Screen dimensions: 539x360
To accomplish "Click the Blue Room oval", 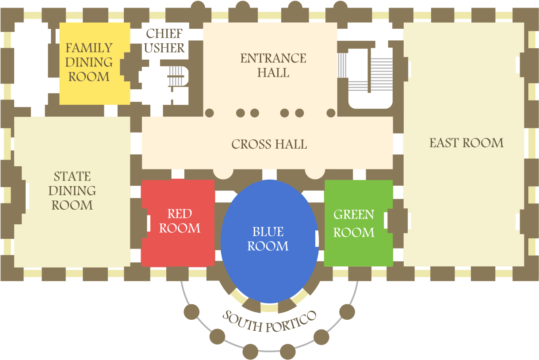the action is tap(270, 241).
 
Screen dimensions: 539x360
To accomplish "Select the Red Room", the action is tap(178, 222).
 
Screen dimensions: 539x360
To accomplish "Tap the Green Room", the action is tap(359, 223).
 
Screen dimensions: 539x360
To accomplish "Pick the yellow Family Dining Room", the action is tap(95, 64).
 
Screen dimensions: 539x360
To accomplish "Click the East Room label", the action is tap(466, 143).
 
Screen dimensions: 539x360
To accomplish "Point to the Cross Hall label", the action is tap(269, 144).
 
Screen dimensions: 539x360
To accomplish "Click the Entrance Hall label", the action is tap(273, 65).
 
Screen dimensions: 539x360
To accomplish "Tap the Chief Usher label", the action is tap(164, 41).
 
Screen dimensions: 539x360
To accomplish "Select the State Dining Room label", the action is tap(72, 191).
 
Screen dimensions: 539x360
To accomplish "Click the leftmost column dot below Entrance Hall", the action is tap(209, 113).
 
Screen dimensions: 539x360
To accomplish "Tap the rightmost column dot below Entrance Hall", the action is tap(331, 113).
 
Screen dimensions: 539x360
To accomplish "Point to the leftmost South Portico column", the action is tap(191, 312).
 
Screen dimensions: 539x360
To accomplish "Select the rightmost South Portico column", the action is tap(347, 312).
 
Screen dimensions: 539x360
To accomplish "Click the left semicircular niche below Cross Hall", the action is tap(223, 174).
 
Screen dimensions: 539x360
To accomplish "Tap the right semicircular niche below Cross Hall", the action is tap(315, 174).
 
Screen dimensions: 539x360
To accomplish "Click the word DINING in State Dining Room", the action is tap(72, 191).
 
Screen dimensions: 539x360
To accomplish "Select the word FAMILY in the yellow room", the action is tap(89, 48).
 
